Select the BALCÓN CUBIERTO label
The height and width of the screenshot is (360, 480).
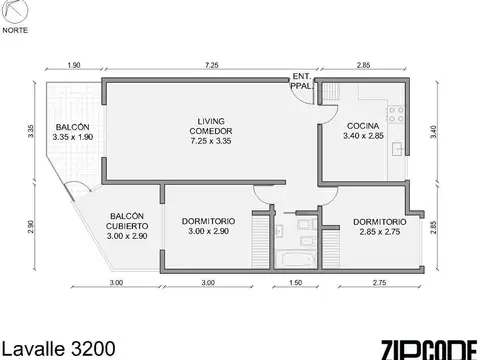click(128, 226)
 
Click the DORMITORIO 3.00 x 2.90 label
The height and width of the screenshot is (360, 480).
click(208, 226)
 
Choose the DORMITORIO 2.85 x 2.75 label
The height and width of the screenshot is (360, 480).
click(379, 226)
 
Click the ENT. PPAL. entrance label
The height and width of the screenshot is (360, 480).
click(301, 81)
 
